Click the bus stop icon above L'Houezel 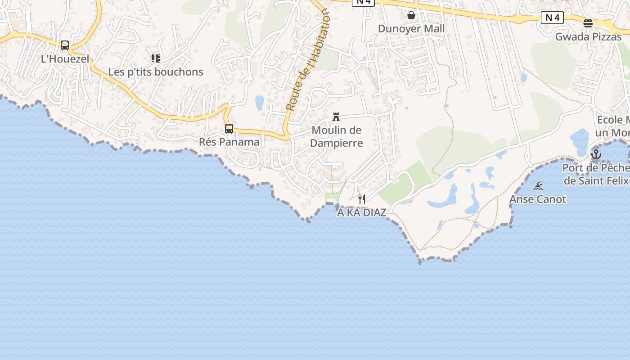click(65, 45)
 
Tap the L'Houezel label click(65, 58)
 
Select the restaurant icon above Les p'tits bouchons click(156, 58)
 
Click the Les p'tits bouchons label click(156, 72)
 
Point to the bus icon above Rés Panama click(229, 129)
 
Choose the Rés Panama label click(229, 142)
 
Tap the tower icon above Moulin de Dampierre click(336, 117)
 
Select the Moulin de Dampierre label click(337, 136)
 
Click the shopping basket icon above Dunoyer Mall click(411, 15)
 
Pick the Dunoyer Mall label click(411, 29)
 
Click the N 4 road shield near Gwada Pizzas click(552, 18)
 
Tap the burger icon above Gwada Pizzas click(588, 23)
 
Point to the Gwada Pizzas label click(588, 36)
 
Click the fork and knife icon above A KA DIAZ click(362, 199)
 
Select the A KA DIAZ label click(362, 212)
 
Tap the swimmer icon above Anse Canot click(538, 186)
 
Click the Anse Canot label click(538, 199)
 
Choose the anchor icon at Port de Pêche click(596, 154)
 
